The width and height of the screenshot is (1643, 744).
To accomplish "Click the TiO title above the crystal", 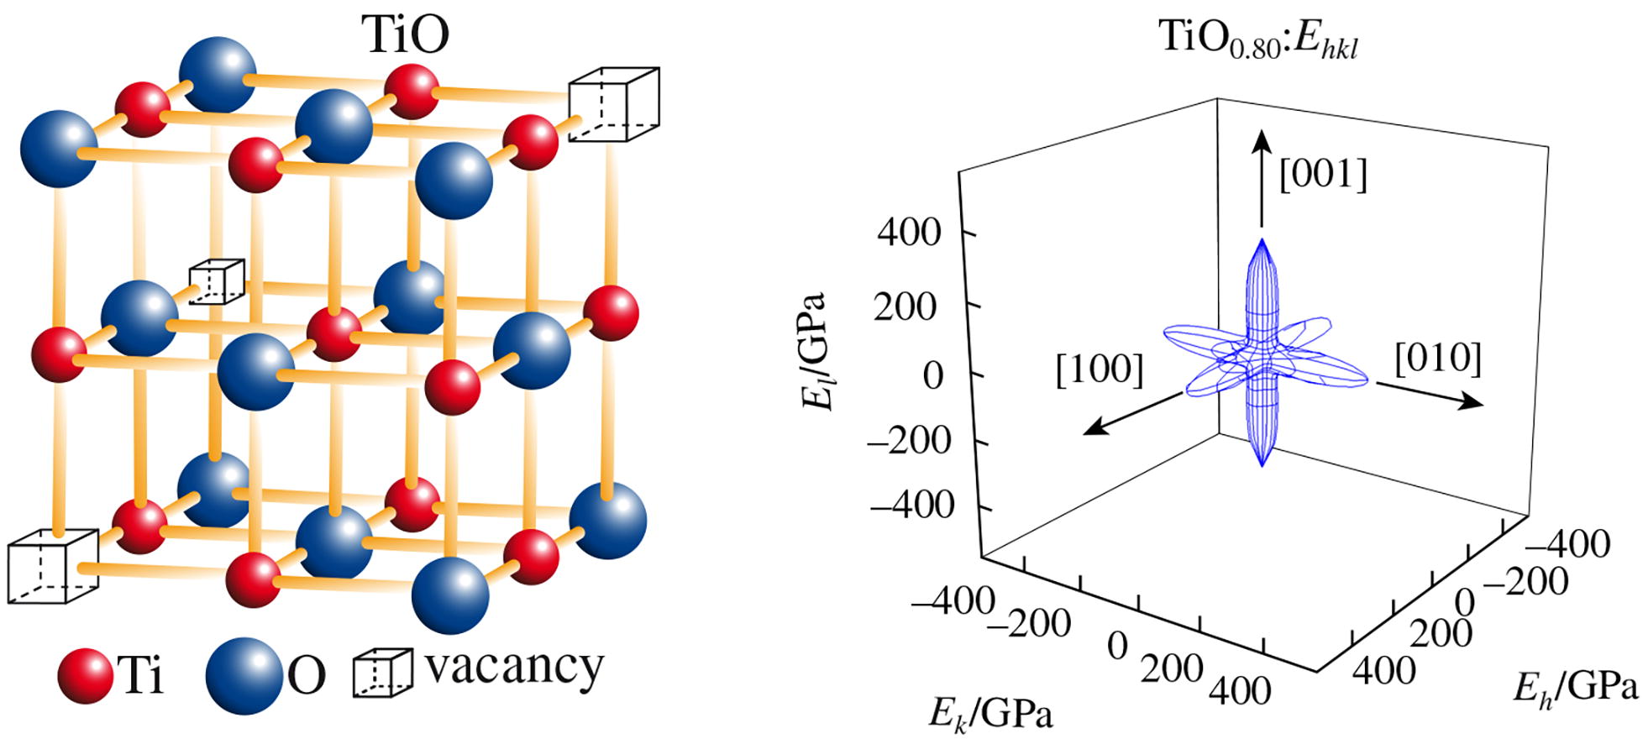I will pyautogui.click(x=406, y=35).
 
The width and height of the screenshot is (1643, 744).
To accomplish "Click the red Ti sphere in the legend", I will pyautogui.click(x=85, y=675).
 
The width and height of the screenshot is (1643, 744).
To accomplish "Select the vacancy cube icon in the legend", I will pyautogui.click(x=381, y=673).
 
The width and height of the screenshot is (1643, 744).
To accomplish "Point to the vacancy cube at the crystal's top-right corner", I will pyautogui.click(x=613, y=104).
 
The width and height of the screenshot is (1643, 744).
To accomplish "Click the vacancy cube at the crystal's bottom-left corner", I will pyautogui.click(x=52, y=566).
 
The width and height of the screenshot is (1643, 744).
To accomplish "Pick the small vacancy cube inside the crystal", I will pyautogui.click(x=216, y=281).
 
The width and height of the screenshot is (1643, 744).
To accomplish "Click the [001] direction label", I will pyautogui.click(x=1323, y=175).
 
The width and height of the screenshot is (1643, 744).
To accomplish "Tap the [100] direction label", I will pyautogui.click(x=1100, y=369).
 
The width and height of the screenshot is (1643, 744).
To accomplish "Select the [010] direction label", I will pyautogui.click(x=1438, y=359).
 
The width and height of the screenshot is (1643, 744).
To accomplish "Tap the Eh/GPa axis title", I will pyautogui.click(x=1575, y=688).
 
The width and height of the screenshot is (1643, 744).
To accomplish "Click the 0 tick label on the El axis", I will pyautogui.click(x=933, y=376).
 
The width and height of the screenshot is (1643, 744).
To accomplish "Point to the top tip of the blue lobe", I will pyautogui.click(x=1261, y=241).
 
